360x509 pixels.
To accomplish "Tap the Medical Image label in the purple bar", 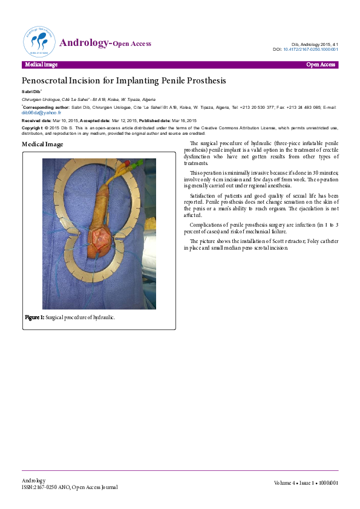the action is tap(41, 65).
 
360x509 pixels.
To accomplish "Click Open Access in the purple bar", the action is tap(320, 65).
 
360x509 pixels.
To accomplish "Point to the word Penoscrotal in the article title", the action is tap(47, 80).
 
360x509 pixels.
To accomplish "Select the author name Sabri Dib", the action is tap(30, 91).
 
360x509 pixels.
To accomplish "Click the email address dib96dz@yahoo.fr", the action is tap(42, 112).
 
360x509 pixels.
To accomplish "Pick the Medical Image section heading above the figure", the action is tap(42, 144).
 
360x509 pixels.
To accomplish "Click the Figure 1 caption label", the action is tap(34, 317).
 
